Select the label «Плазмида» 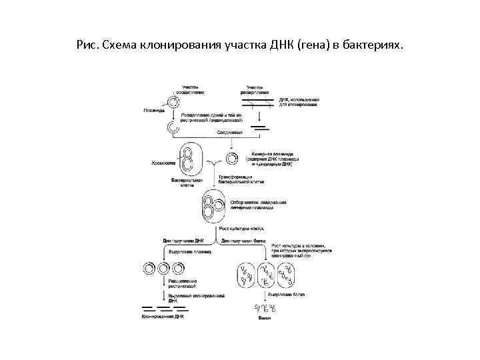click(x=154, y=111)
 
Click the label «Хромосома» click(x=164, y=163)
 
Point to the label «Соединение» click(x=229, y=133)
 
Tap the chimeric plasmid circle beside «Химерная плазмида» click(x=232, y=159)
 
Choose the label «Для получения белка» click(x=243, y=239)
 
